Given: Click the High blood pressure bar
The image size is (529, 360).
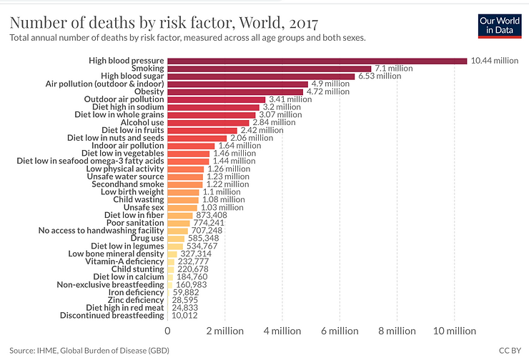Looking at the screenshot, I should [x=317, y=61].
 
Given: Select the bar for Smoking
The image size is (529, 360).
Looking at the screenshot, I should [x=270, y=69].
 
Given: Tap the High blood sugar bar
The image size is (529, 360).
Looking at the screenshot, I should [x=261, y=76].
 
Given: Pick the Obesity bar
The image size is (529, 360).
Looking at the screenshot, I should [x=236, y=91].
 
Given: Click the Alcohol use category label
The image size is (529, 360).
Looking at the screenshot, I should [x=142, y=122].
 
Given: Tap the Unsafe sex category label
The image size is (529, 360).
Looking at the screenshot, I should [x=144, y=207].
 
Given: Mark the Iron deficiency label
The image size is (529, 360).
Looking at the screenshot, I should [x=136, y=292].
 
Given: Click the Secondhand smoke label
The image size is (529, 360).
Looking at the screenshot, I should [x=131, y=184].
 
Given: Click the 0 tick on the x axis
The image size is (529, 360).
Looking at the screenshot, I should [x=168, y=331].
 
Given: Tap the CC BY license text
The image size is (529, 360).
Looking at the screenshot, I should [x=507, y=351].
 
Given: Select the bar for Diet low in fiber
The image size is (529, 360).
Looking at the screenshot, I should [x=180, y=215].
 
